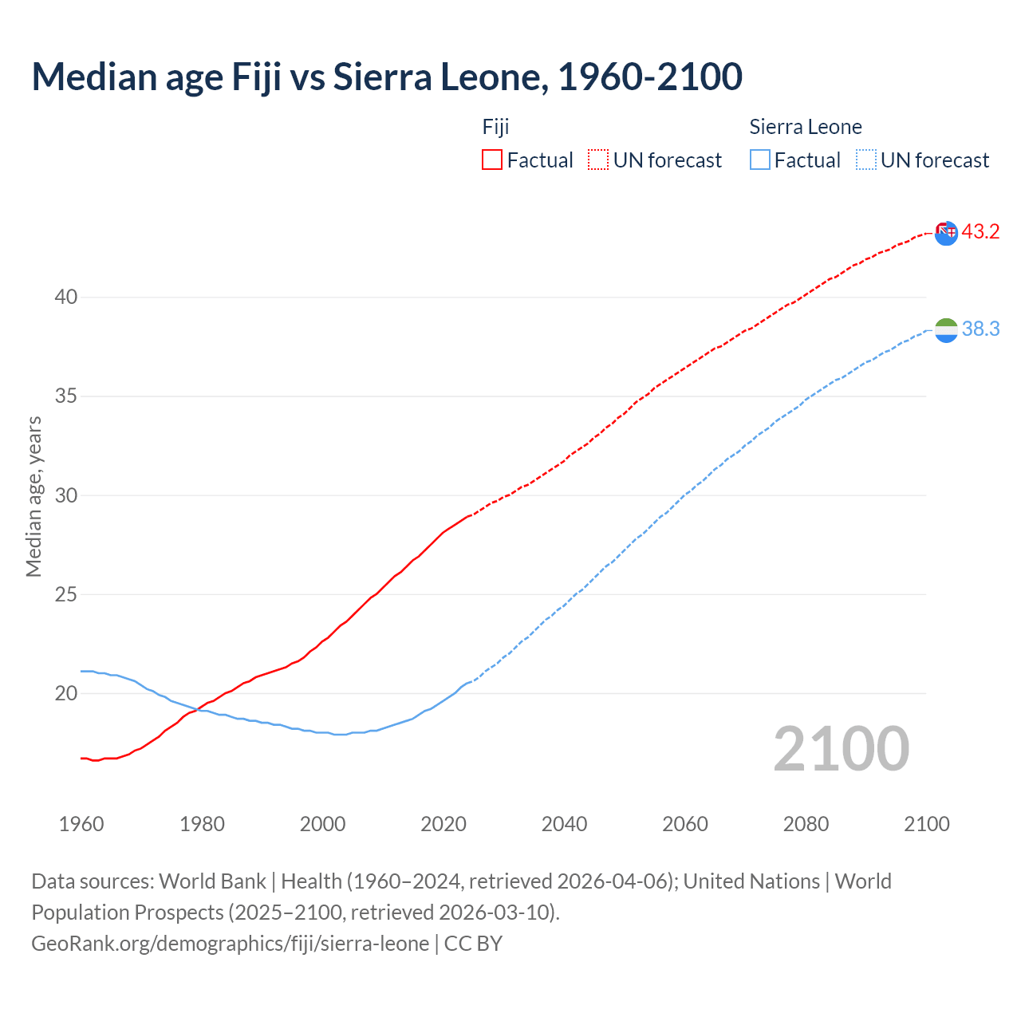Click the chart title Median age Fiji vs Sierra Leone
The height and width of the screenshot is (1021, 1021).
[387, 77]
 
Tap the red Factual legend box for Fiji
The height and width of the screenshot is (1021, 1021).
[492, 160]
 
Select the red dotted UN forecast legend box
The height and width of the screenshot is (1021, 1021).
[598, 160]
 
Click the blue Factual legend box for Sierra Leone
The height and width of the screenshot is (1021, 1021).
[760, 160]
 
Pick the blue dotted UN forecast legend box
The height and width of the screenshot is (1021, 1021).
[866, 160]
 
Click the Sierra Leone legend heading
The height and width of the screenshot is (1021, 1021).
[806, 127]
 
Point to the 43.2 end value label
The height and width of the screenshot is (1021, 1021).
[980, 232]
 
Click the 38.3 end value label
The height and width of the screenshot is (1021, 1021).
[980, 329]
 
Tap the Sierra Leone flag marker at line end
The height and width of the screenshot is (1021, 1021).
[946, 330]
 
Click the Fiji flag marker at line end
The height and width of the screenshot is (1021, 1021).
[946, 233]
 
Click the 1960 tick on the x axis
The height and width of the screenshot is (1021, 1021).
[81, 824]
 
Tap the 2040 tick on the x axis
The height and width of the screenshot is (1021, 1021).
[565, 824]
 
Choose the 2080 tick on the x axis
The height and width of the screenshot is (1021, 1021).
[806, 824]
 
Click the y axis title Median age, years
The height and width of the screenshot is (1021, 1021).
[34, 496]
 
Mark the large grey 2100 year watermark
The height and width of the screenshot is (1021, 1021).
[842, 749]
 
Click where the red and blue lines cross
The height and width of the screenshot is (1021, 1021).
[196, 709]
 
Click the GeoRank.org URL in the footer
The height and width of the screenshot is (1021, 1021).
[230, 944]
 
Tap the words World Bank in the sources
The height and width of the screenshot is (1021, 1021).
[212, 881]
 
